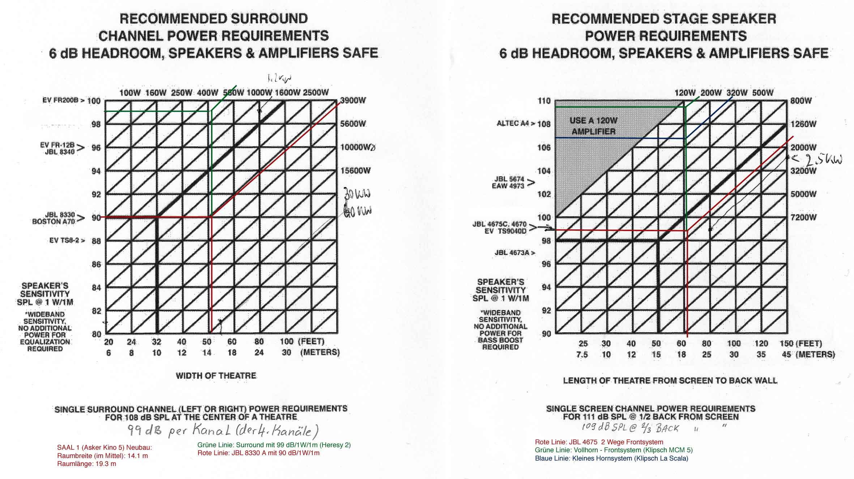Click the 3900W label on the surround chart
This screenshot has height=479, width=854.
tap(353, 101)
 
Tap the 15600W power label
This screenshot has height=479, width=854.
tap(355, 171)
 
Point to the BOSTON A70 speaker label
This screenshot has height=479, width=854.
tap(54, 221)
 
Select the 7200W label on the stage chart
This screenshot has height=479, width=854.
tap(803, 217)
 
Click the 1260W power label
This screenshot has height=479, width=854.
tap(803, 124)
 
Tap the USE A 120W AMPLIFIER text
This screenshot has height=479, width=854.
tap(593, 126)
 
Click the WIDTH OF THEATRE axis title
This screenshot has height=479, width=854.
tap(216, 376)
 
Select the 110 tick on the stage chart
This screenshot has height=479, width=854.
tap(544, 101)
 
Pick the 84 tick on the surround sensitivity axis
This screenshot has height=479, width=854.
tap(96, 288)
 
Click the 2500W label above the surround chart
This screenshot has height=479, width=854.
tap(316, 92)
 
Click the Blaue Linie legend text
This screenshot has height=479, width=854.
tap(611, 458)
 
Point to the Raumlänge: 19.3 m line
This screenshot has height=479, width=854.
tap(86, 464)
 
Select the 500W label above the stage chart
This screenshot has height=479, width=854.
tap(763, 93)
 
